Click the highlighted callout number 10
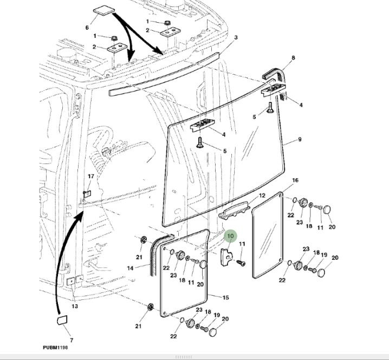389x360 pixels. (230, 236)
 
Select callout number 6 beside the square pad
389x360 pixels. (87, 28)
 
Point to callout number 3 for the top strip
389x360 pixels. (236, 37)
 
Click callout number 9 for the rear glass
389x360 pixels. (300, 140)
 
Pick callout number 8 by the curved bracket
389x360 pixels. (293, 58)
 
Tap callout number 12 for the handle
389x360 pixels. (262, 195)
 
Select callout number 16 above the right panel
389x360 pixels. (295, 180)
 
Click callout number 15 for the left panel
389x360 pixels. (225, 297)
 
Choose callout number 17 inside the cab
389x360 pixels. (91, 176)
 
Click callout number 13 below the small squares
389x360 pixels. (75, 306)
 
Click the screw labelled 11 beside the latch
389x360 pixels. (239, 262)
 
